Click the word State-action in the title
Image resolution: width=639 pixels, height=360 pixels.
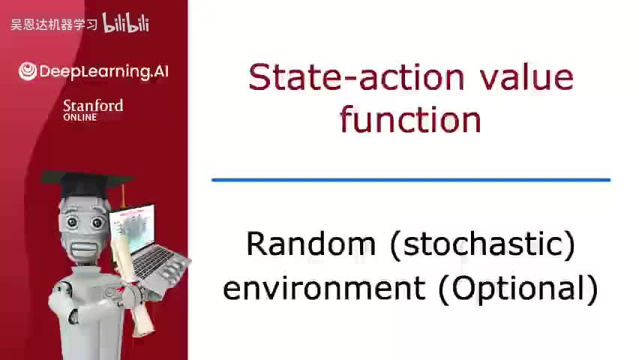356,76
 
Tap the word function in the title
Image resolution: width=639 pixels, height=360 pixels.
410,119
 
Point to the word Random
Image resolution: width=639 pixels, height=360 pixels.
311,244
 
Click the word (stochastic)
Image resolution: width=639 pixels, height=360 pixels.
482,244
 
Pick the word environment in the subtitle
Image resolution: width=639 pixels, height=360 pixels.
324,288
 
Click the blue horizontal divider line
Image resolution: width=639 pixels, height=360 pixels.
411,180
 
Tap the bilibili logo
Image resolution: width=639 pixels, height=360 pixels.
125,22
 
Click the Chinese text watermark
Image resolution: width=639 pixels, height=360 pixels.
54,25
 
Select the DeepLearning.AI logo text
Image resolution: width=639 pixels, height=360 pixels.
104,71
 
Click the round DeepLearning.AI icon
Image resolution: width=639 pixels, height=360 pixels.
28,71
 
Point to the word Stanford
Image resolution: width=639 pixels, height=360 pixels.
93,106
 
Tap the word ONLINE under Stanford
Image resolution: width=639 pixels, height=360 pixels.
79,118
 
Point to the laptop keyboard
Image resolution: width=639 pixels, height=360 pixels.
154,262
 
